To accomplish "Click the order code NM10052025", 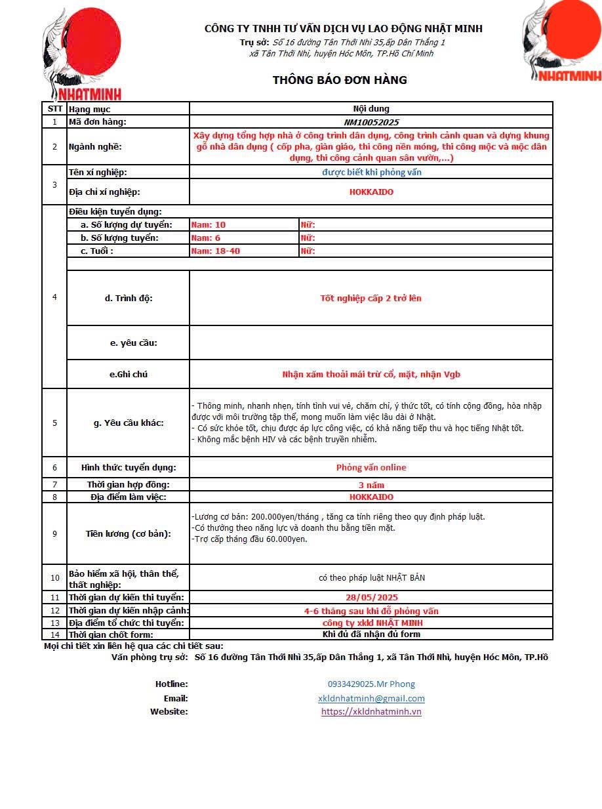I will pos(371,122).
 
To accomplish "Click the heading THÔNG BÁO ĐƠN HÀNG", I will pos(340,80).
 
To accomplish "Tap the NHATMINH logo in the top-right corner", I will pos(561,41).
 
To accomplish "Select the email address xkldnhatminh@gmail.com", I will pos(371,699).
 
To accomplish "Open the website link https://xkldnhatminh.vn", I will pos(371,712).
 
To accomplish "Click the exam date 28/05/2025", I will pos(371,598).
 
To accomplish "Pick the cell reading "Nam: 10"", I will pos(209,225).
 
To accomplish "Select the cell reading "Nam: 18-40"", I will pos(215,251).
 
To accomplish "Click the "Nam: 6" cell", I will pos(206,238).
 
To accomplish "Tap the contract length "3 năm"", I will pos(371,485).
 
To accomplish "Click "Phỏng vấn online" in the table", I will pos(371,468).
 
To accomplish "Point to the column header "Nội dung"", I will pos(371,109).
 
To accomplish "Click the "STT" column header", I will pos(54,109).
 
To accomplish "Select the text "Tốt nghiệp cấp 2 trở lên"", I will pos(371,299).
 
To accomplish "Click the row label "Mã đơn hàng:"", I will pos(98,122).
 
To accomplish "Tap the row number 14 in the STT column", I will pos(54,634).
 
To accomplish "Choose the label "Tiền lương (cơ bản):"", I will pos(129,533).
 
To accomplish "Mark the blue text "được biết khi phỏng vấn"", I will pos(371,173).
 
